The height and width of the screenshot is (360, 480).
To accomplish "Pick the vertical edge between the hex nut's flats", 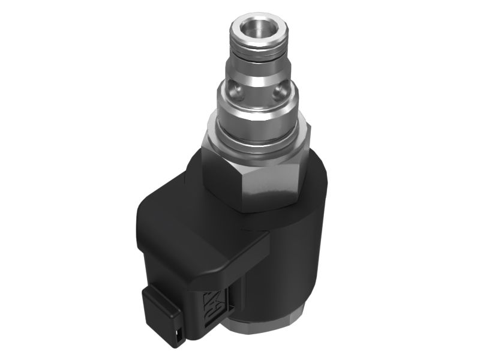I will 241,186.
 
